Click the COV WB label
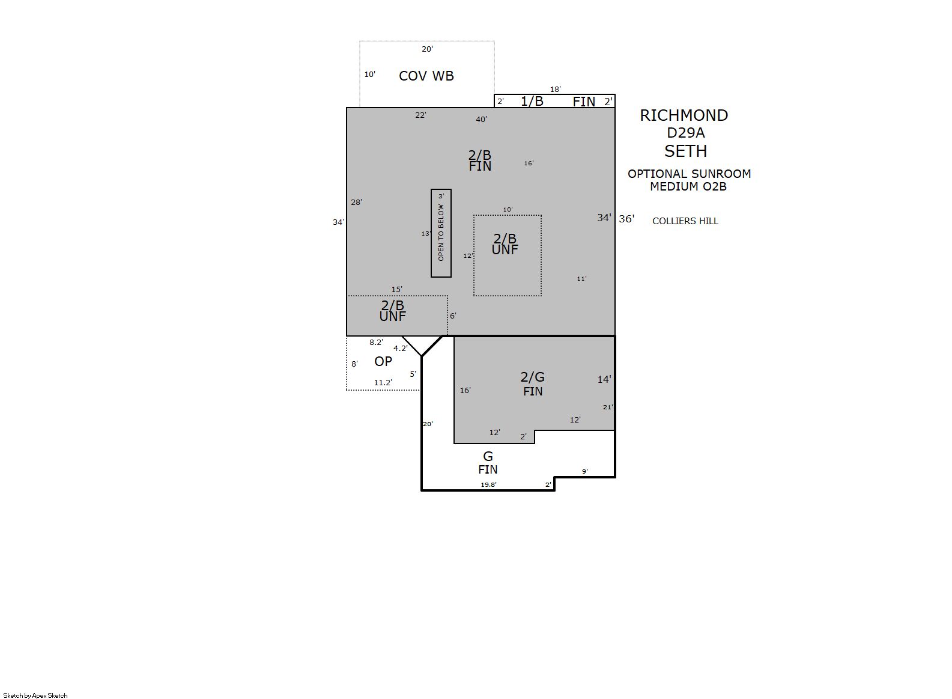426,76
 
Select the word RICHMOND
684,115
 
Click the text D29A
685,133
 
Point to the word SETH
685,151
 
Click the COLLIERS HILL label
685,221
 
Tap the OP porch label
383,361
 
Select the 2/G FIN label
533,383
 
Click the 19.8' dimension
489,484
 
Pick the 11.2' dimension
383,383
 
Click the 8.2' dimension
376,342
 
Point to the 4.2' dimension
401,348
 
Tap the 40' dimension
481,120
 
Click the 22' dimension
421,115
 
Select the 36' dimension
626,219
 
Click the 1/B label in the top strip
532,101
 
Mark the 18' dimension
556,90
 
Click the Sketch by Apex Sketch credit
35,695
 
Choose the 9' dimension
585,471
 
